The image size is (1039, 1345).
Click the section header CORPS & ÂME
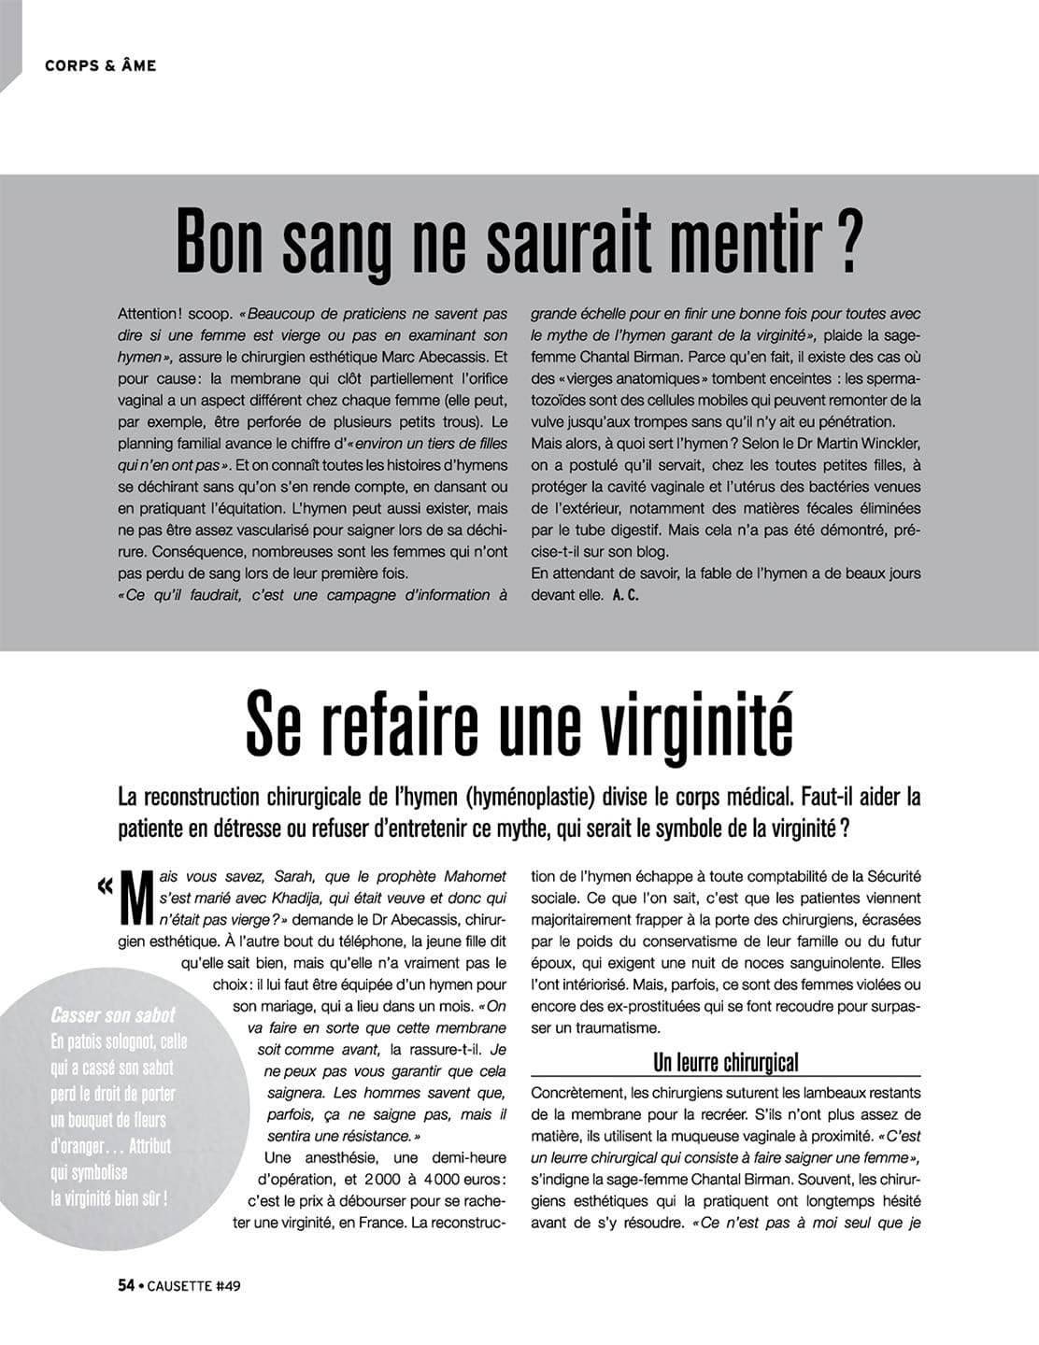click(100, 65)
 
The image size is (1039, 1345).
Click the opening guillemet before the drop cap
click(105, 885)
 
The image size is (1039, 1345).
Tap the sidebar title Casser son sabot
click(112, 1015)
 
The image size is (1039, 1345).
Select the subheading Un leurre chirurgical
click(725, 1062)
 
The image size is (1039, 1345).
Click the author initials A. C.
click(626, 595)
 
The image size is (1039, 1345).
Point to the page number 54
click(127, 1285)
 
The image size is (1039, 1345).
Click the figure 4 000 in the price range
click(446, 1180)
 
